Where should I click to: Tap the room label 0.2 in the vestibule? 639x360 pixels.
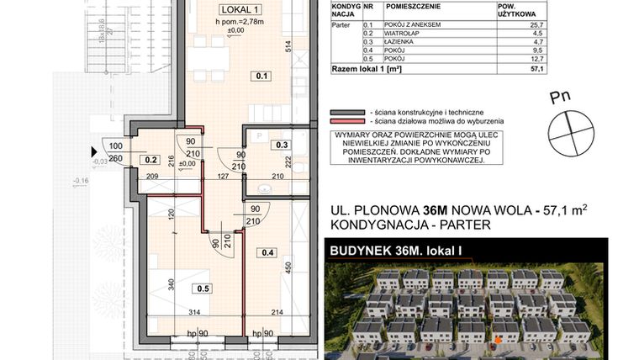[x=151, y=157]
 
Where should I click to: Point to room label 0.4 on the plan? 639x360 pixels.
[x=268, y=251]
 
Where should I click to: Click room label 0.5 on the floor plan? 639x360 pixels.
[x=202, y=288]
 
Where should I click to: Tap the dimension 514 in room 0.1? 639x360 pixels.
[x=288, y=47]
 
